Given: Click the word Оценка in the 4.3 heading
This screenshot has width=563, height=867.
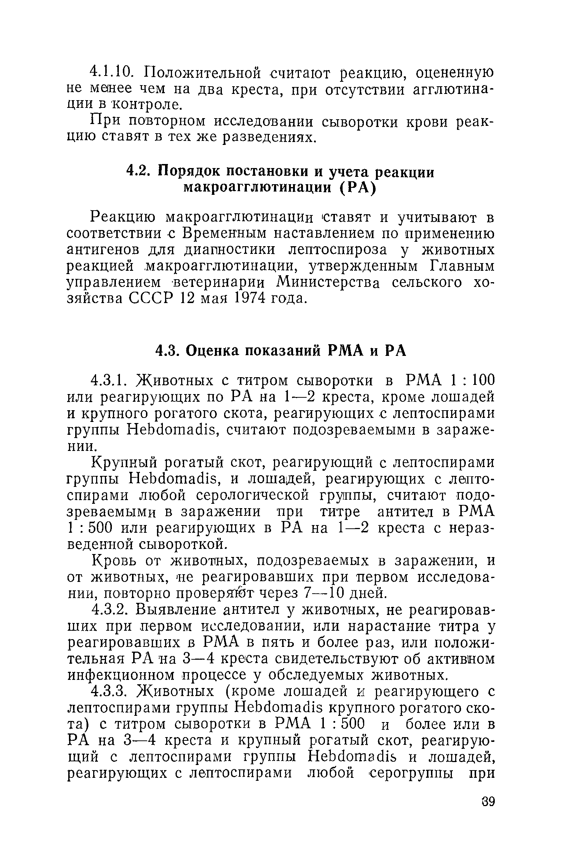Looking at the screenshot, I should [x=212, y=351].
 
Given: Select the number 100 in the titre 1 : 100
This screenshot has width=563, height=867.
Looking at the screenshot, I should [x=483, y=380].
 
